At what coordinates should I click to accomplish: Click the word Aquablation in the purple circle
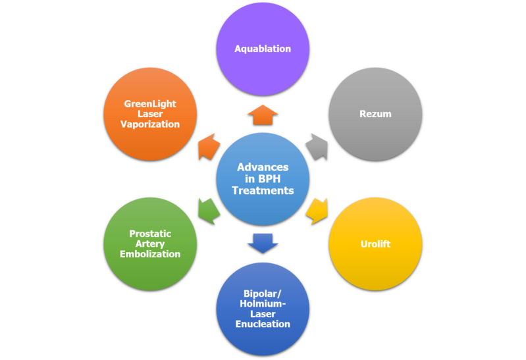(263, 49)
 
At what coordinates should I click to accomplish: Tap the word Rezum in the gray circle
(375, 114)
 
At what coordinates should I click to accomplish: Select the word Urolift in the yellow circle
(375, 244)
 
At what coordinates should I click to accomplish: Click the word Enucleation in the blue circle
(263, 324)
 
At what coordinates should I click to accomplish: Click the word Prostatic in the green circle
(150, 234)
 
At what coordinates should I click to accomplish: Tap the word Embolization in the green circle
(150, 254)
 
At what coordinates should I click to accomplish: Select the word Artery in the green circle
(150, 244)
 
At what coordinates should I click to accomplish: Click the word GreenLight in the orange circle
(150, 104)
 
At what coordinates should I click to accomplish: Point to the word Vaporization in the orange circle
(150, 124)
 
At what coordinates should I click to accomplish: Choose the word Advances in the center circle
(263, 167)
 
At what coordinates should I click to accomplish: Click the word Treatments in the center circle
(263, 190)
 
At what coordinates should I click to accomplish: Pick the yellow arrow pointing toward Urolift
(317, 209)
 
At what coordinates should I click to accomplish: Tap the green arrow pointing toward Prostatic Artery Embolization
(209, 210)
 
